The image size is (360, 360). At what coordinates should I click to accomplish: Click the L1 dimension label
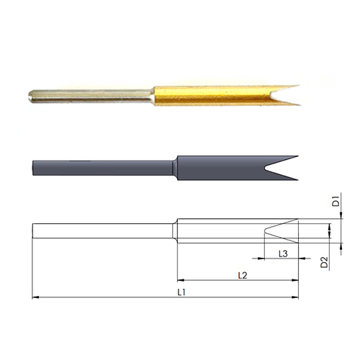(x=181, y=292)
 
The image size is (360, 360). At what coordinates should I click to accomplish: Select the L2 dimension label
(x=243, y=275)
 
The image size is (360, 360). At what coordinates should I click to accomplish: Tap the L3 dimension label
(x=283, y=253)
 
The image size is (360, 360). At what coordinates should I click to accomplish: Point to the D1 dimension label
(x=336, y=201)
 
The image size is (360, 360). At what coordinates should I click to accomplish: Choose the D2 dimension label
(x=324, y=262)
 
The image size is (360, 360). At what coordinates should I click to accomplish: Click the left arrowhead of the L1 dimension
(x=35, y=297)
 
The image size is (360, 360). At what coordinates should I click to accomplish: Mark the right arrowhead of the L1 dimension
(x=295, y=297)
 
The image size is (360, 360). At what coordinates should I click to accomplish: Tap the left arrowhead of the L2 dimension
(x=181, y=280)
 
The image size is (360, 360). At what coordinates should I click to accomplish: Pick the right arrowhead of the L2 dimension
(x=295, y=280)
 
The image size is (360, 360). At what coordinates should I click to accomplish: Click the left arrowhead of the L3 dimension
(x=261, y=258)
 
